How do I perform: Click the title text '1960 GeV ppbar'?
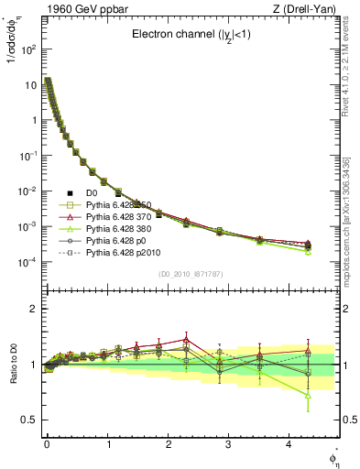(71, 9)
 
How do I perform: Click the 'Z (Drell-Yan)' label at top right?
(307, 9)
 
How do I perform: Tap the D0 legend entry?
(84, 191)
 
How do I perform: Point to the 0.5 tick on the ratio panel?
(27, 420)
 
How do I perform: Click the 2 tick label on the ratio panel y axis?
(32, 309)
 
